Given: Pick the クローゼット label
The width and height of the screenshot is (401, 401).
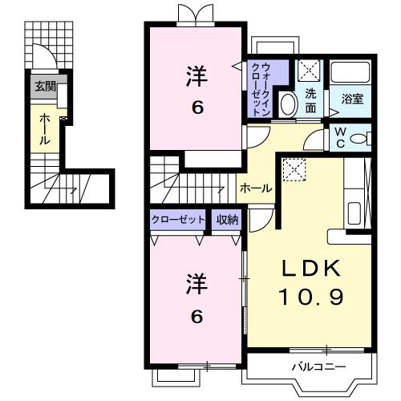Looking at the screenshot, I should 178,219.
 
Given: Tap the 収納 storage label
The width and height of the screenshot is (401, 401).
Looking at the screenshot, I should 226,219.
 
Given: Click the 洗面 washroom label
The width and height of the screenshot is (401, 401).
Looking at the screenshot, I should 310,98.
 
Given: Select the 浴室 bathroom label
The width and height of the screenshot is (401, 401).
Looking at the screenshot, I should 352,99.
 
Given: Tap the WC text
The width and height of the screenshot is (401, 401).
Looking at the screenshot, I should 339,137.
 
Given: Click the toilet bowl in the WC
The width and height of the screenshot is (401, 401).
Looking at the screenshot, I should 360,138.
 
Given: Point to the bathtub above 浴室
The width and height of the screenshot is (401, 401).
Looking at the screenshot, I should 352,74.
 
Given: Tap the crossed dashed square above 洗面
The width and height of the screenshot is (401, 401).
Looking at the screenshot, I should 310,70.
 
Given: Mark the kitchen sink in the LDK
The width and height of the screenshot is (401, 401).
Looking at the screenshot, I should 354,215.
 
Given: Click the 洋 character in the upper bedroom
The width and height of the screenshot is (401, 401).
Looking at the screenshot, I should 196,79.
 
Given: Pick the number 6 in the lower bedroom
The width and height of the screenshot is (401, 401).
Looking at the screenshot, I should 196,316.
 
